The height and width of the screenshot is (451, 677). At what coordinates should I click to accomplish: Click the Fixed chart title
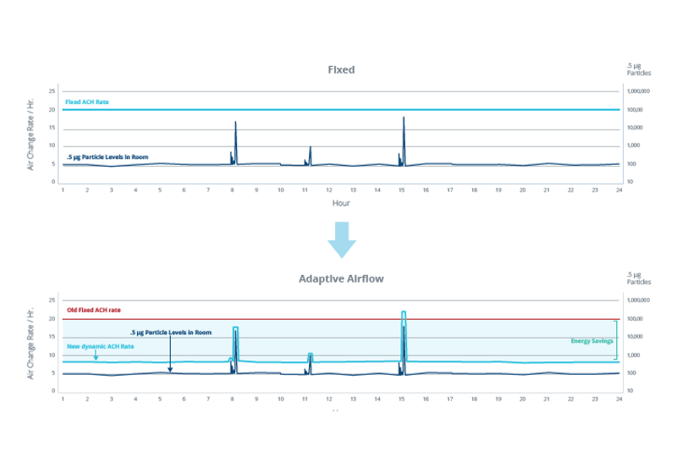[340, 69]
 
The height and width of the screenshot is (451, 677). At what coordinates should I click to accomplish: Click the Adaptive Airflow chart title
[340, 278]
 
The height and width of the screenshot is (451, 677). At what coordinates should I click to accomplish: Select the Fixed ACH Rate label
[87, 102]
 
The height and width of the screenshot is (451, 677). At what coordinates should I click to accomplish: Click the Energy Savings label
[592, 340]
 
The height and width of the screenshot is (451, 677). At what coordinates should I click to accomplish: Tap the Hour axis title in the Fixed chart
[340, 203]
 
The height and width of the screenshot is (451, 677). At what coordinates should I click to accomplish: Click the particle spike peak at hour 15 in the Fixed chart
[404, 117]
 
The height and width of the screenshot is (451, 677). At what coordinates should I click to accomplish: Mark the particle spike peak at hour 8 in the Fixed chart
[235, 122]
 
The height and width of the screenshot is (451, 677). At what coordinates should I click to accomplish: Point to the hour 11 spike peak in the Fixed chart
[311, 146]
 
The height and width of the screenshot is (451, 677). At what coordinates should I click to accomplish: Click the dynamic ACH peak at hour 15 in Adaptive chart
[404, 312]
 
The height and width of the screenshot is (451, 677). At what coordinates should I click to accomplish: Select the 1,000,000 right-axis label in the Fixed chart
[637, 91]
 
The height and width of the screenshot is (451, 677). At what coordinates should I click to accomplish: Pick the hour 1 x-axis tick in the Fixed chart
[63, 190]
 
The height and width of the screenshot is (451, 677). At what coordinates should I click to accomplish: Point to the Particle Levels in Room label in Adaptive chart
[170, 332]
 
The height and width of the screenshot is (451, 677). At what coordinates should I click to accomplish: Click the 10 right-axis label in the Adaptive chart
[630, 391]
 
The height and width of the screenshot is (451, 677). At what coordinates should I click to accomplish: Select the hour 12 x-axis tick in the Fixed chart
[329, 190]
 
